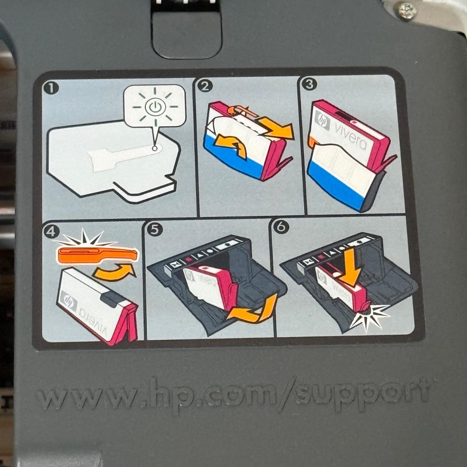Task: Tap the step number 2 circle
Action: pos(205,86)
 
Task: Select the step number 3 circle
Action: pos(309,84)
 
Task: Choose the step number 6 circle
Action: pos(280,228)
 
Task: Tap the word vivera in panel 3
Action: pos(350,136)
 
